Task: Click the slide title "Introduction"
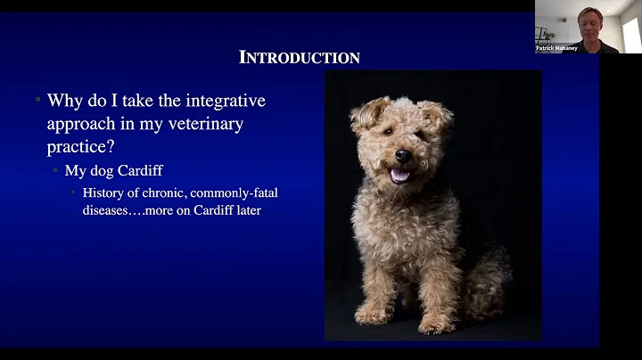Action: pyautogui.click(x=300, y=58)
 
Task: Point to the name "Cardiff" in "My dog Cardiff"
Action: pyautogui.click(x=142, y=171)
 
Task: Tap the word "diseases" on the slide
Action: pyautogui.click(x=110, y=211)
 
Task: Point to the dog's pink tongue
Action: pyautogui.click(x=399, y=176)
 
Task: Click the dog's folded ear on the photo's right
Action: pyautogui.click(x=437, y=114)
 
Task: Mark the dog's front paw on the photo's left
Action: pyautogui.click(x=372, y=314)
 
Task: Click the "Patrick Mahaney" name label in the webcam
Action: pyautogui.click(x=556, y=48)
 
